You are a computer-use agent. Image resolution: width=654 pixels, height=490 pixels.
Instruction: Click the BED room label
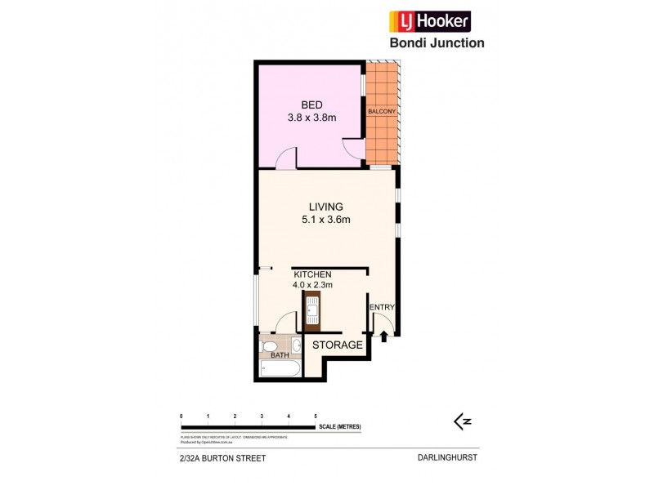pyautogui.click(x=311, y=105)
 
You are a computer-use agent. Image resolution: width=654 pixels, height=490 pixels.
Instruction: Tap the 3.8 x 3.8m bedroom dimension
pyautogui.click(x=311, y=118)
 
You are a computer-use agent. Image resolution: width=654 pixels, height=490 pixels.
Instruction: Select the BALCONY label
pyautogui.click(x=382, y=111)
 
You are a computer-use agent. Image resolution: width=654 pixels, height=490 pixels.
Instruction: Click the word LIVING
pyautogui.click(x=325, y=207)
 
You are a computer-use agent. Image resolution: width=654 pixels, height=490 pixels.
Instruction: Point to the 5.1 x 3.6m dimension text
pyautogui.click(x=325, y=220)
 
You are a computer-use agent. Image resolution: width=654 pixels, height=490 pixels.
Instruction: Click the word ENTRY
pyautogui.click(x=383, y=308)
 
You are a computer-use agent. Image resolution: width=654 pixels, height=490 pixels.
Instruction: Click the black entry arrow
pyautogui.click(x=383, y=336)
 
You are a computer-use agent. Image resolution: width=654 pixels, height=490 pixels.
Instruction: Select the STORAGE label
pyautogui.click(x=337, y=345)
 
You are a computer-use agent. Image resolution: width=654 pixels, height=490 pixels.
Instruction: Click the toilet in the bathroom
pyautogui.click(x=268, y=349)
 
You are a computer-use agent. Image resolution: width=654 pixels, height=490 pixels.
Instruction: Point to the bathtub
pyautogui.click(x=279, y=369)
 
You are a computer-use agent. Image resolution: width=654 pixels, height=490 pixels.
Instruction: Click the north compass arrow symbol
pyautogui.click(x=463, y=421)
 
